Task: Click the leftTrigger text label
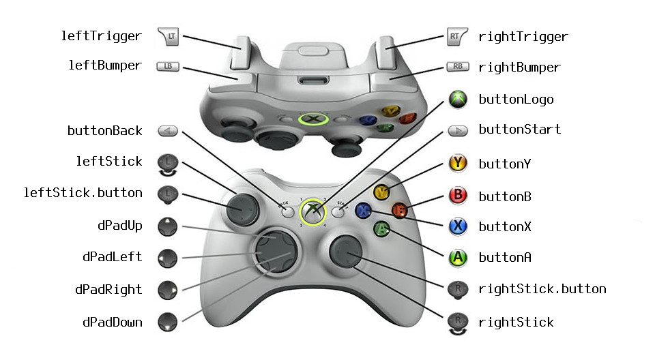pyautogui.click(x=102, y=36)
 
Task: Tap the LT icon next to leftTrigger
pyautogui.click(x=167, y=36)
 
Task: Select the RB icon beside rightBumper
pyautogui.click(x=457, y=67)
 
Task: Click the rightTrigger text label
pyautogui.click(x=523, y=36)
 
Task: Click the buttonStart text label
pyautogui.click(x=520, y=130)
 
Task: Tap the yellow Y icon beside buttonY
pyautogui.click(x=458, y=164)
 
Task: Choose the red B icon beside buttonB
pyautogui.click(x=458, y=196)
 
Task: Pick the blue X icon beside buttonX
pyautogui.click(x=458, y=227)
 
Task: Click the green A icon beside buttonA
pyautogui.click(x=458, y=258)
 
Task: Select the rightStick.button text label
pyautogui.click(x=542, y=289)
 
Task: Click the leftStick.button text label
pyautogui.click(x=83, y=193)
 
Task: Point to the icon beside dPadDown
pyautogui.click(x=167, y=321)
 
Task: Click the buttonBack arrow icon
pyautogui.click(x=167, y=130)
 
